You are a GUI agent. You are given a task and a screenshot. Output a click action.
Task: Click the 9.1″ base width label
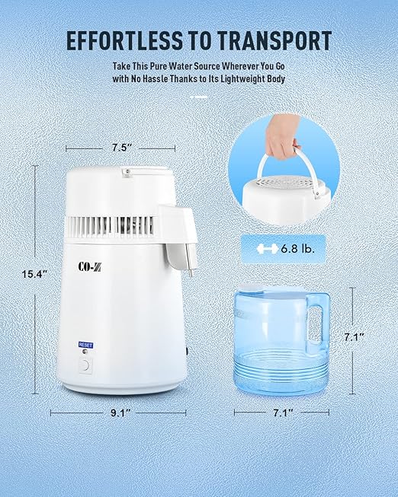118,413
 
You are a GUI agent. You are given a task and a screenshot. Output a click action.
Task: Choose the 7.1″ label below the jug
281,413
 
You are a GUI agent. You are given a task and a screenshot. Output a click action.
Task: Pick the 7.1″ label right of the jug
367,336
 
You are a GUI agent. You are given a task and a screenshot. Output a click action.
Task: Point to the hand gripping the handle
284,142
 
